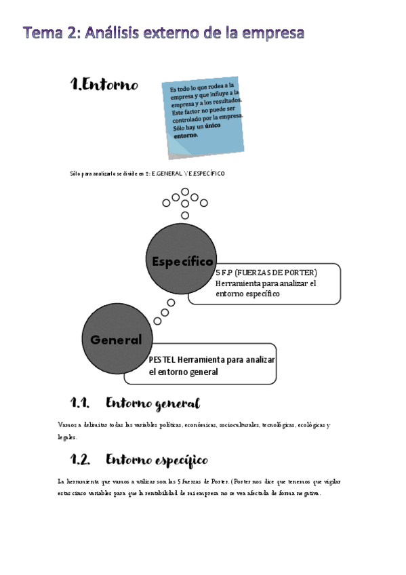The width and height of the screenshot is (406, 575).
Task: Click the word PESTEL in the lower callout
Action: tap(162, 360)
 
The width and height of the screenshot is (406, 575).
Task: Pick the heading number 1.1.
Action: tap(81, 403)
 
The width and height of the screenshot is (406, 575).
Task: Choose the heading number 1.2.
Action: tap(81, 460)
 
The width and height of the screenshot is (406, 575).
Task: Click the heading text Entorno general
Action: tap(153, 404)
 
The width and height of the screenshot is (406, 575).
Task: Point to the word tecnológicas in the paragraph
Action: tap(283, 425)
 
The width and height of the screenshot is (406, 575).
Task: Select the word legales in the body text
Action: tap(68, 437)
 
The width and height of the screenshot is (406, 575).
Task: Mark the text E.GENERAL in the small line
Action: tap(167, 174)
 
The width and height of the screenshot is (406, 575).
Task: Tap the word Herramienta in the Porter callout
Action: tap(242, 283)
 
